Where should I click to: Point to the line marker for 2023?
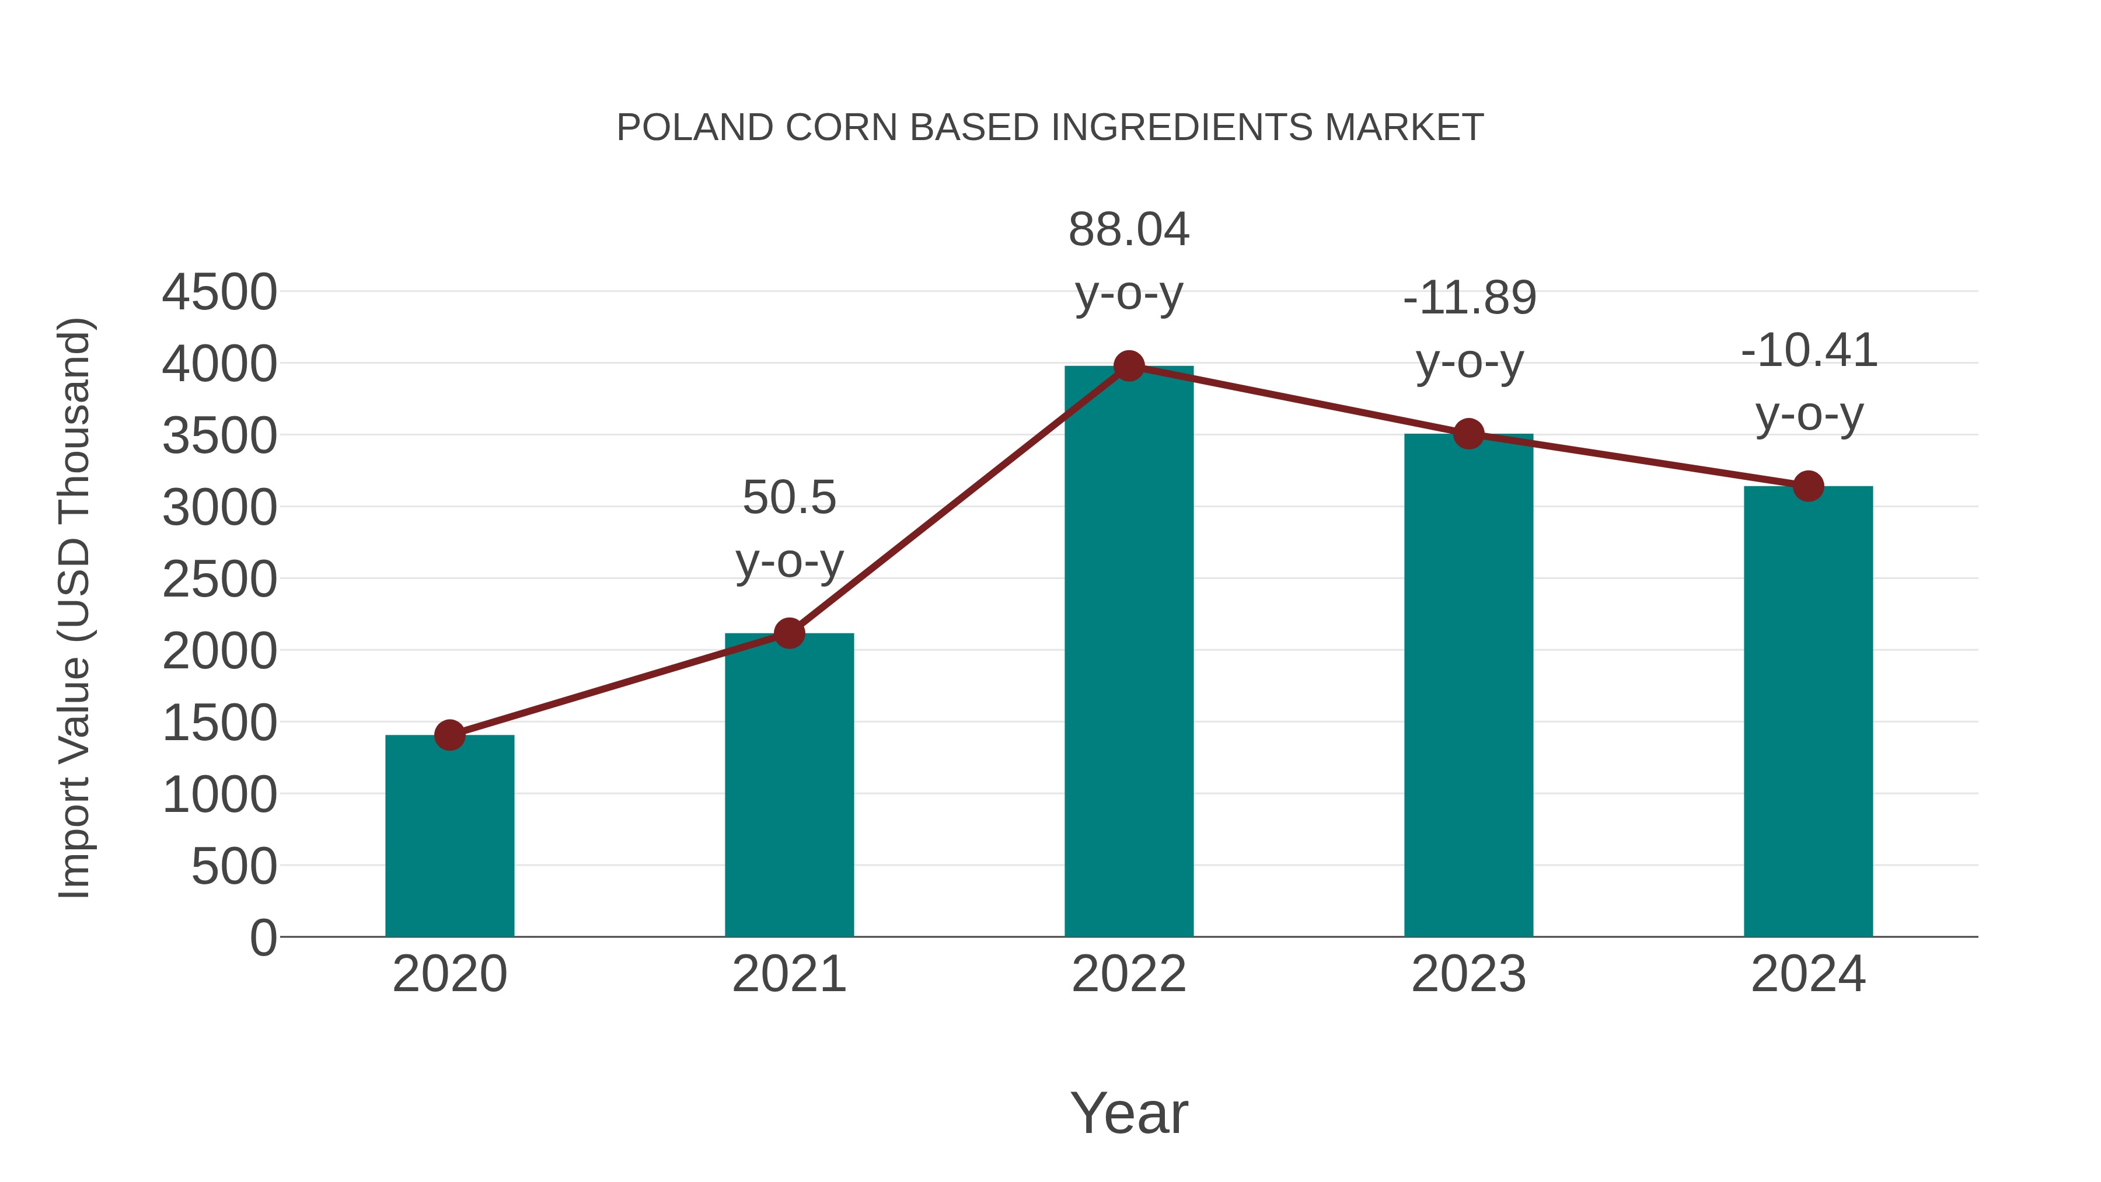click(1469, 434)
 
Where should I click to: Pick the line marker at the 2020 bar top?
click(449, 735)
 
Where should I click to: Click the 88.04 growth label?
click(1129, 230)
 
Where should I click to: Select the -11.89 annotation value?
click(1470, 298)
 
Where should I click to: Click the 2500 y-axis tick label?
click(219, 580)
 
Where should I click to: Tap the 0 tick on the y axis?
click(263, 938)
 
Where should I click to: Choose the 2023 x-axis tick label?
click(1469, 974)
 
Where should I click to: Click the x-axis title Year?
click(1129, 1113)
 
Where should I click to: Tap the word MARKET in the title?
click(1404, 128)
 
